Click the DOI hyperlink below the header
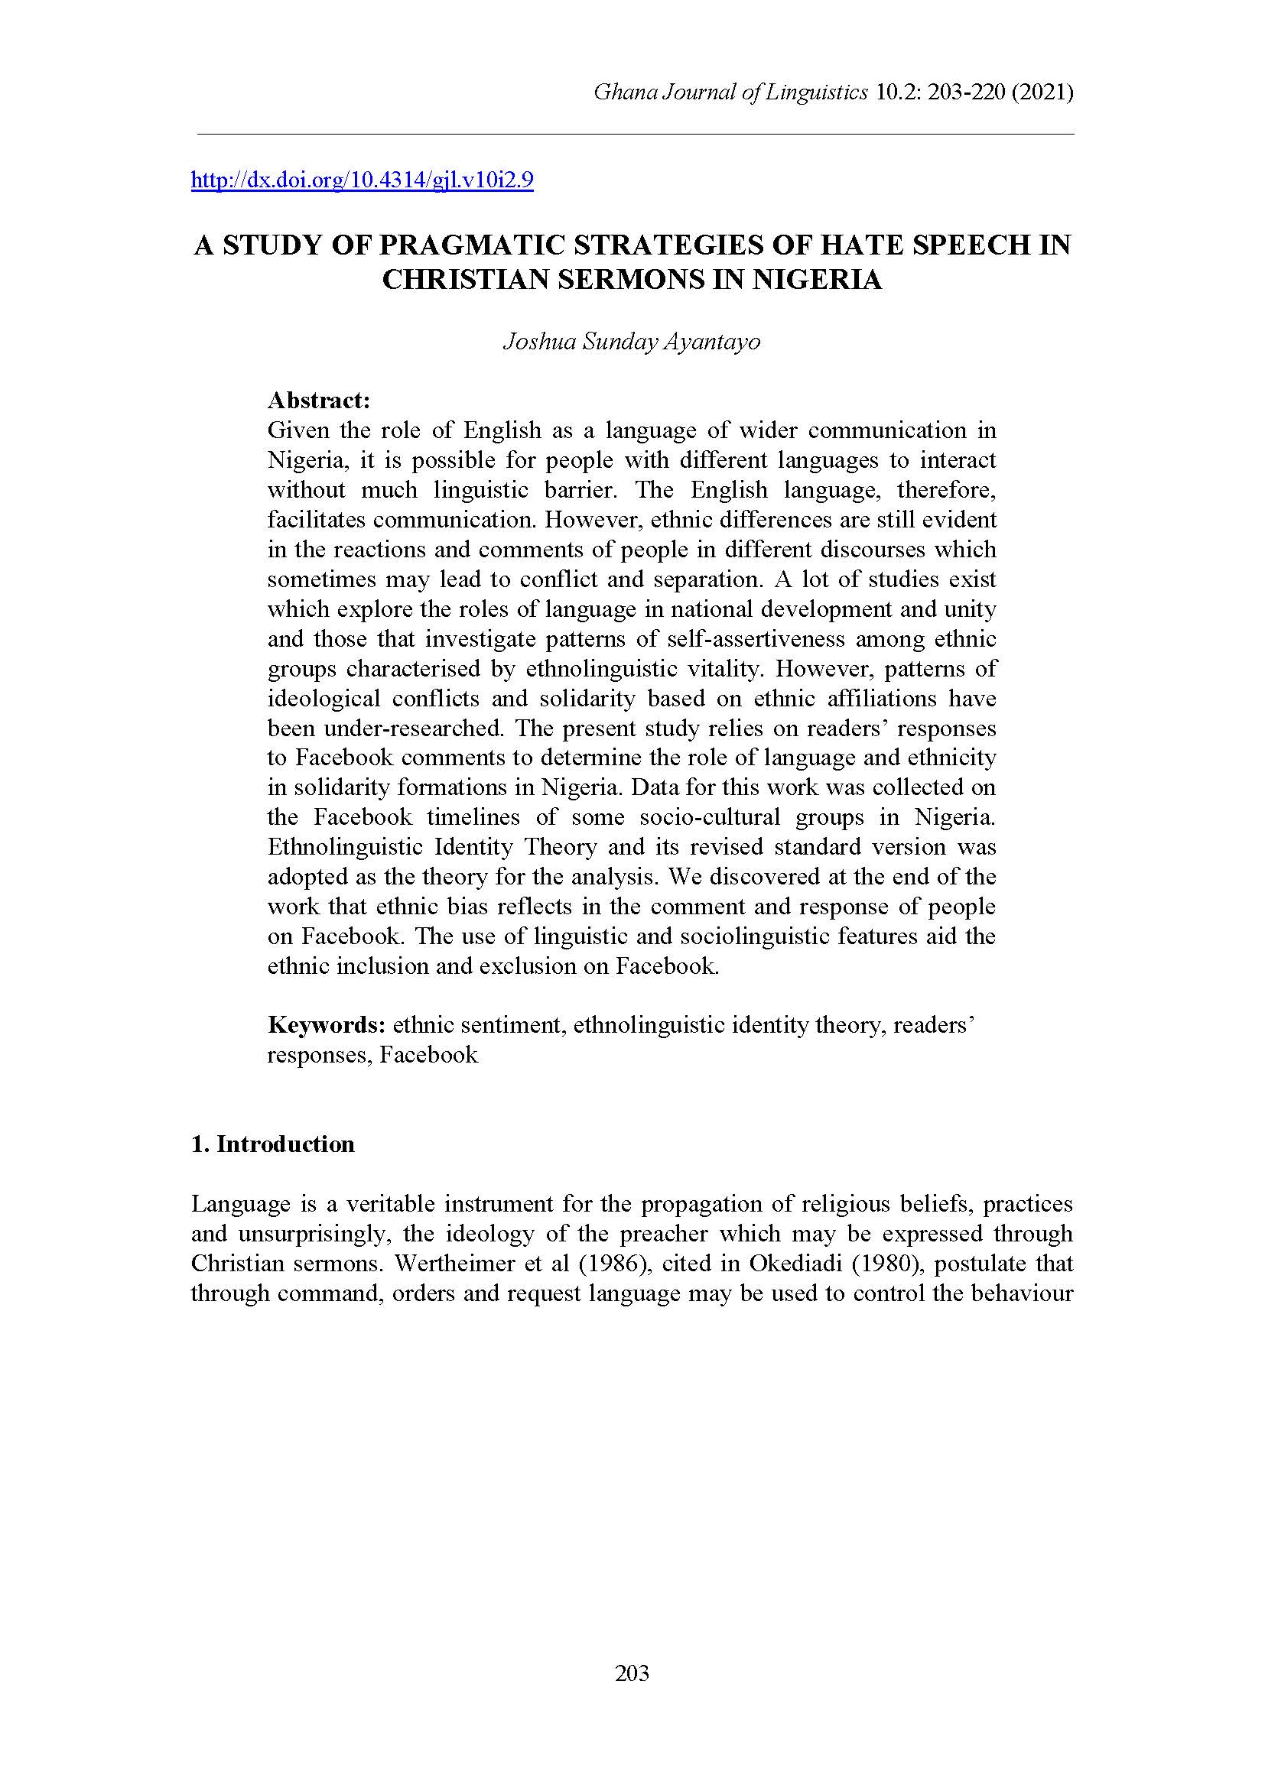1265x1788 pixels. click(x=363, y=180)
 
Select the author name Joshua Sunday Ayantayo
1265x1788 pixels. click(x=632, y=342)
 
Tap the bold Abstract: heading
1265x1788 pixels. click(x=318, y=401)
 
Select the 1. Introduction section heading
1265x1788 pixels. click(x=272, y=1144)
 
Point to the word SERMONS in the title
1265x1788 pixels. click(x=619, y=280)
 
